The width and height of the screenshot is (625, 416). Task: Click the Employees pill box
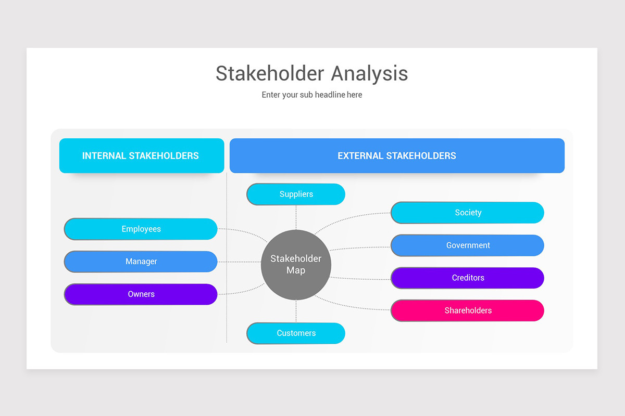pos(141,229)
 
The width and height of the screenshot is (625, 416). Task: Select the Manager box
pos(141,262)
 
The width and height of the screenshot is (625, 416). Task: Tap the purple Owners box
pos(141,294)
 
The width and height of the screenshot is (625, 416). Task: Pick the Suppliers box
pos(296,194)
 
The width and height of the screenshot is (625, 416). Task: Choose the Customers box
pos(296,333)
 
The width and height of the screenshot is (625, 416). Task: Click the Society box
pos(467,213)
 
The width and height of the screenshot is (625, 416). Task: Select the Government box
pos(467,245)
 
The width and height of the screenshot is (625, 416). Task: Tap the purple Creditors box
pos(467,278)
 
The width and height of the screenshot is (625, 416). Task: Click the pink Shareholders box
pos(467,310)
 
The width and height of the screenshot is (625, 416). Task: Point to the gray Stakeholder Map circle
pos(296,265)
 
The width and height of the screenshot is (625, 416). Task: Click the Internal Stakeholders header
pos(141,155)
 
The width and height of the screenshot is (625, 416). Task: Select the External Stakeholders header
pos(397,155)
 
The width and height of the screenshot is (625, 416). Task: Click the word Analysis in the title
pos(369,73)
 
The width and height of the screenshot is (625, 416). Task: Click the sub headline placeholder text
pos(312,95)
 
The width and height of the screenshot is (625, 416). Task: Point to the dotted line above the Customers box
pos(296,311)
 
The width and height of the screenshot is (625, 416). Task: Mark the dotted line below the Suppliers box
pos(296,217)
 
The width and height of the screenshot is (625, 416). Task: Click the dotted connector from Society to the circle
pos(349,217)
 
